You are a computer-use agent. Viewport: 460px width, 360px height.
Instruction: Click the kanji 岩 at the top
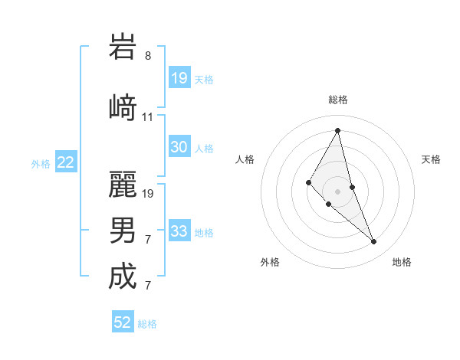[x=123, y=47]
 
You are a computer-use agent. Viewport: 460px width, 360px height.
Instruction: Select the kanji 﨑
[x=123, y=106]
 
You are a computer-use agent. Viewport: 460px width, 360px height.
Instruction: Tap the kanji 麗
[x=123, y=183]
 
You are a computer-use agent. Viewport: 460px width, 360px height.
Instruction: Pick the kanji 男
[x=123, y=230]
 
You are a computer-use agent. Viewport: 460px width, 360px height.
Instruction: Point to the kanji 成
[x=123, y=277]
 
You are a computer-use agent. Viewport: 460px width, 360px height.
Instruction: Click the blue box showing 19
[x=179, y=78]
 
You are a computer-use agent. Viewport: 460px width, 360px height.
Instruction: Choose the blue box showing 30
[x=179, y=147]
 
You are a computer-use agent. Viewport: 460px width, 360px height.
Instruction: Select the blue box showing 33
[x=179, y=231]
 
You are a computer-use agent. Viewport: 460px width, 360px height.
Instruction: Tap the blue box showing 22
[x=66, y=162]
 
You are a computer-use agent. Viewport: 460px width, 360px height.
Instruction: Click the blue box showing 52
[x=123, y=322]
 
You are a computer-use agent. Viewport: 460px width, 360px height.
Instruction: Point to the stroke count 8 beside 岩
[x=148, y=55]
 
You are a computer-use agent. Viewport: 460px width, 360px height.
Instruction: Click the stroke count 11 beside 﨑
[x=148, y=116]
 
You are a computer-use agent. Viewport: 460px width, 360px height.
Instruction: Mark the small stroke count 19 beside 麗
[x=148, y=193]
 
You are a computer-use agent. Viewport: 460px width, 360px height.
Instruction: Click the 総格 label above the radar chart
[x=337, y=100]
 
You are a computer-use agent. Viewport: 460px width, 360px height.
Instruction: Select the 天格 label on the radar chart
[x=431, y=159]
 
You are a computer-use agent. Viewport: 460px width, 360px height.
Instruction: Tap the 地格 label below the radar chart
[x=402, y=262]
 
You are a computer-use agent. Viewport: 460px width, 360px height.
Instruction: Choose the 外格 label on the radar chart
[x=270, y=262]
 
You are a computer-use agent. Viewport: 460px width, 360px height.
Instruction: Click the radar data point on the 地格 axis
[x=374, y=242]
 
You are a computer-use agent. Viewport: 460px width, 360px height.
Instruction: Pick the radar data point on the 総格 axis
[x=337, y=130]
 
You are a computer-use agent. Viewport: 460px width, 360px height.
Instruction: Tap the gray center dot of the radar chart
[x=337, y=191]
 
